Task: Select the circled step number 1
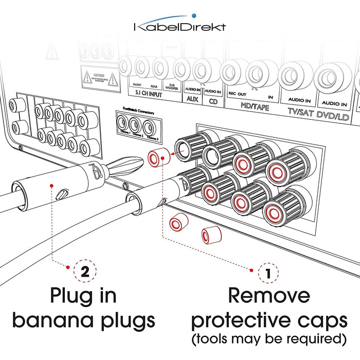[267, 269]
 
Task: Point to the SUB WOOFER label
[170, 86]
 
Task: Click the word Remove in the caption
[269, 296]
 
